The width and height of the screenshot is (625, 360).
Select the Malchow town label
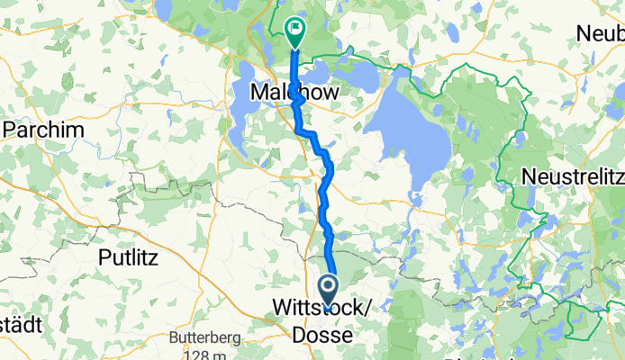(287, 93)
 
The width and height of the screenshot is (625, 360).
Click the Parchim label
(44, 130)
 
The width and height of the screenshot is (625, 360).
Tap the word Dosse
(319, 334)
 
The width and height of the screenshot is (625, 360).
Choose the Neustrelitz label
(572, 174)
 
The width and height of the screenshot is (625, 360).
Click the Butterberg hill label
(206, 339)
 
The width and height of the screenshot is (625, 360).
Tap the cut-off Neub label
(601, 33)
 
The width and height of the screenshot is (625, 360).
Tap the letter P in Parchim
(11, 130)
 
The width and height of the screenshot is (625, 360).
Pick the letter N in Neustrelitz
(527, 174)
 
